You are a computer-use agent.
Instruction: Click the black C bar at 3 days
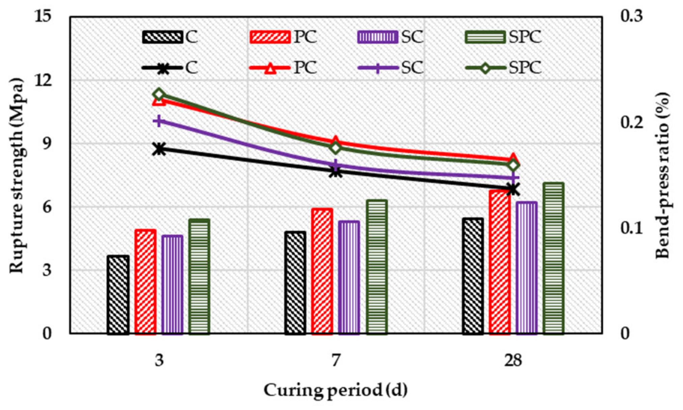coord(118,295)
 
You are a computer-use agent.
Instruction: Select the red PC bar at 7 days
coord(322,271)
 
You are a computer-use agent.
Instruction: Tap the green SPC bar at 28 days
coord(553,259)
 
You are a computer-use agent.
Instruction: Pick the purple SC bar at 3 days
coord(172,285)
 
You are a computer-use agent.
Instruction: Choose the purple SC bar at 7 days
coord(349,277)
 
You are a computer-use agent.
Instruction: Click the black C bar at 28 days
coord(472,276)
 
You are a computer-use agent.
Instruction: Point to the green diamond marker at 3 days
coord(159,94)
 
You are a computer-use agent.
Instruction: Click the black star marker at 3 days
coord(159,149)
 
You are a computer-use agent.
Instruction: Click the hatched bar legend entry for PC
coord(270,37)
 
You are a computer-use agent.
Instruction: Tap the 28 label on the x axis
coord(513,361)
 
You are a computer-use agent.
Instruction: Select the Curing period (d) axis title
coord(335,390)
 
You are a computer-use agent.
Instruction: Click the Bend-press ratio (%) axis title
coord(662,175)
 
